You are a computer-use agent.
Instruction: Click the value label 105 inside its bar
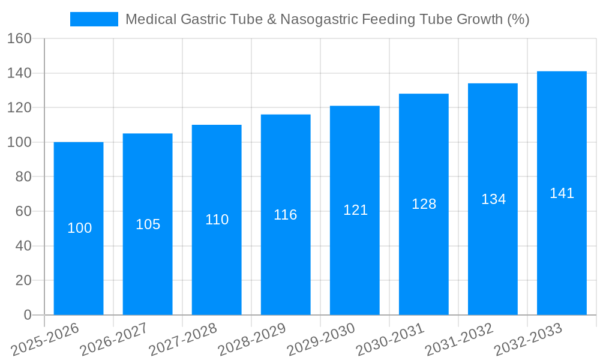(x=148, y=224)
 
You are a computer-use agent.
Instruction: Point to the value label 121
(x=355, y=210)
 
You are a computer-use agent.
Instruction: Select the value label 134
(x=493, y=199)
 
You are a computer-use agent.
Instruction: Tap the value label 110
(x=217, y=220)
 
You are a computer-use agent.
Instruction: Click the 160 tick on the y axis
(x=19, y=39)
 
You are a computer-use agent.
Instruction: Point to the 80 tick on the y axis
(x=23, y=177)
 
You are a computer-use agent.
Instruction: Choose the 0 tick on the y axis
(x=27, y=315)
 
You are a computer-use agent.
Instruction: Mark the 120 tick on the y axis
(x=19, y=108)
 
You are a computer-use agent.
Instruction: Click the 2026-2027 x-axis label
(x=115, y=339)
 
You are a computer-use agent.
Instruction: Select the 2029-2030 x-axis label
(x=322, y=339)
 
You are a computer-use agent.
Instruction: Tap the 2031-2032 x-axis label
(x=460, y=339)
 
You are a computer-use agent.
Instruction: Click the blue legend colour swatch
(x=94, y=19)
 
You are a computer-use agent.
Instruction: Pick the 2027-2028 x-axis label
(x=184, y=339)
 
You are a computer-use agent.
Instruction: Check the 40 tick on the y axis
(x=23, y=246)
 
